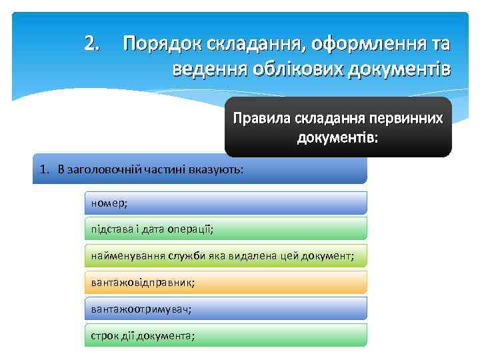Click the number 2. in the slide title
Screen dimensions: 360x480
tap(93, 45)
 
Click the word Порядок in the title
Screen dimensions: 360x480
tap(159, 45)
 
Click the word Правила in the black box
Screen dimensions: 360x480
tap(255, 119)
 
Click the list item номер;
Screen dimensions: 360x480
tap(109, 203)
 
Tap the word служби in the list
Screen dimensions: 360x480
tap(179, 255)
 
